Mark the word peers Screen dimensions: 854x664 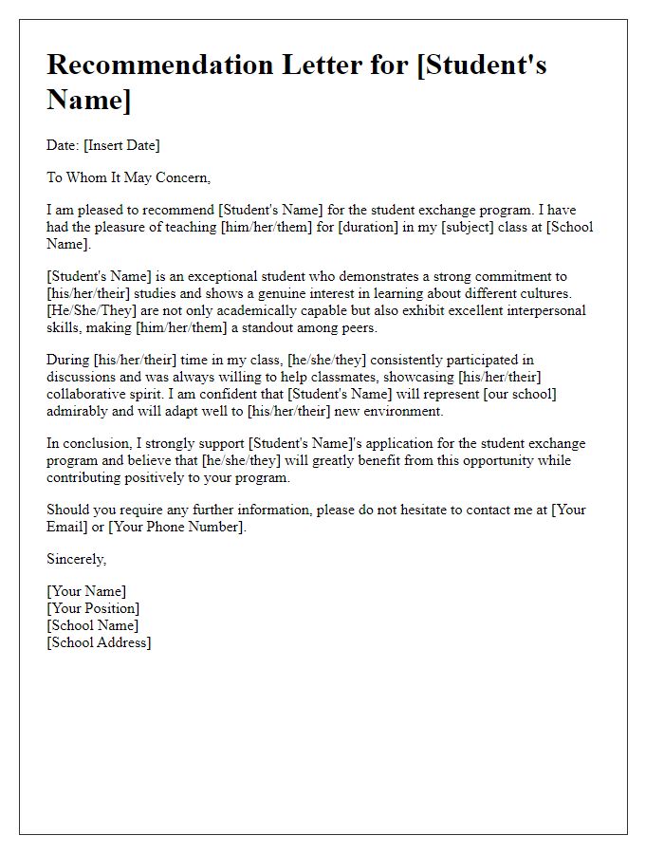pyautogui.click(x=357, y=327)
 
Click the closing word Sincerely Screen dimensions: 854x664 pyautogui.click(x=77, y=559)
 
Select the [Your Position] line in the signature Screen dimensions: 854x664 pyautogui.click(x=93, y=608)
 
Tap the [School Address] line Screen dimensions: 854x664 pyautogui.click(x=99, y=642)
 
